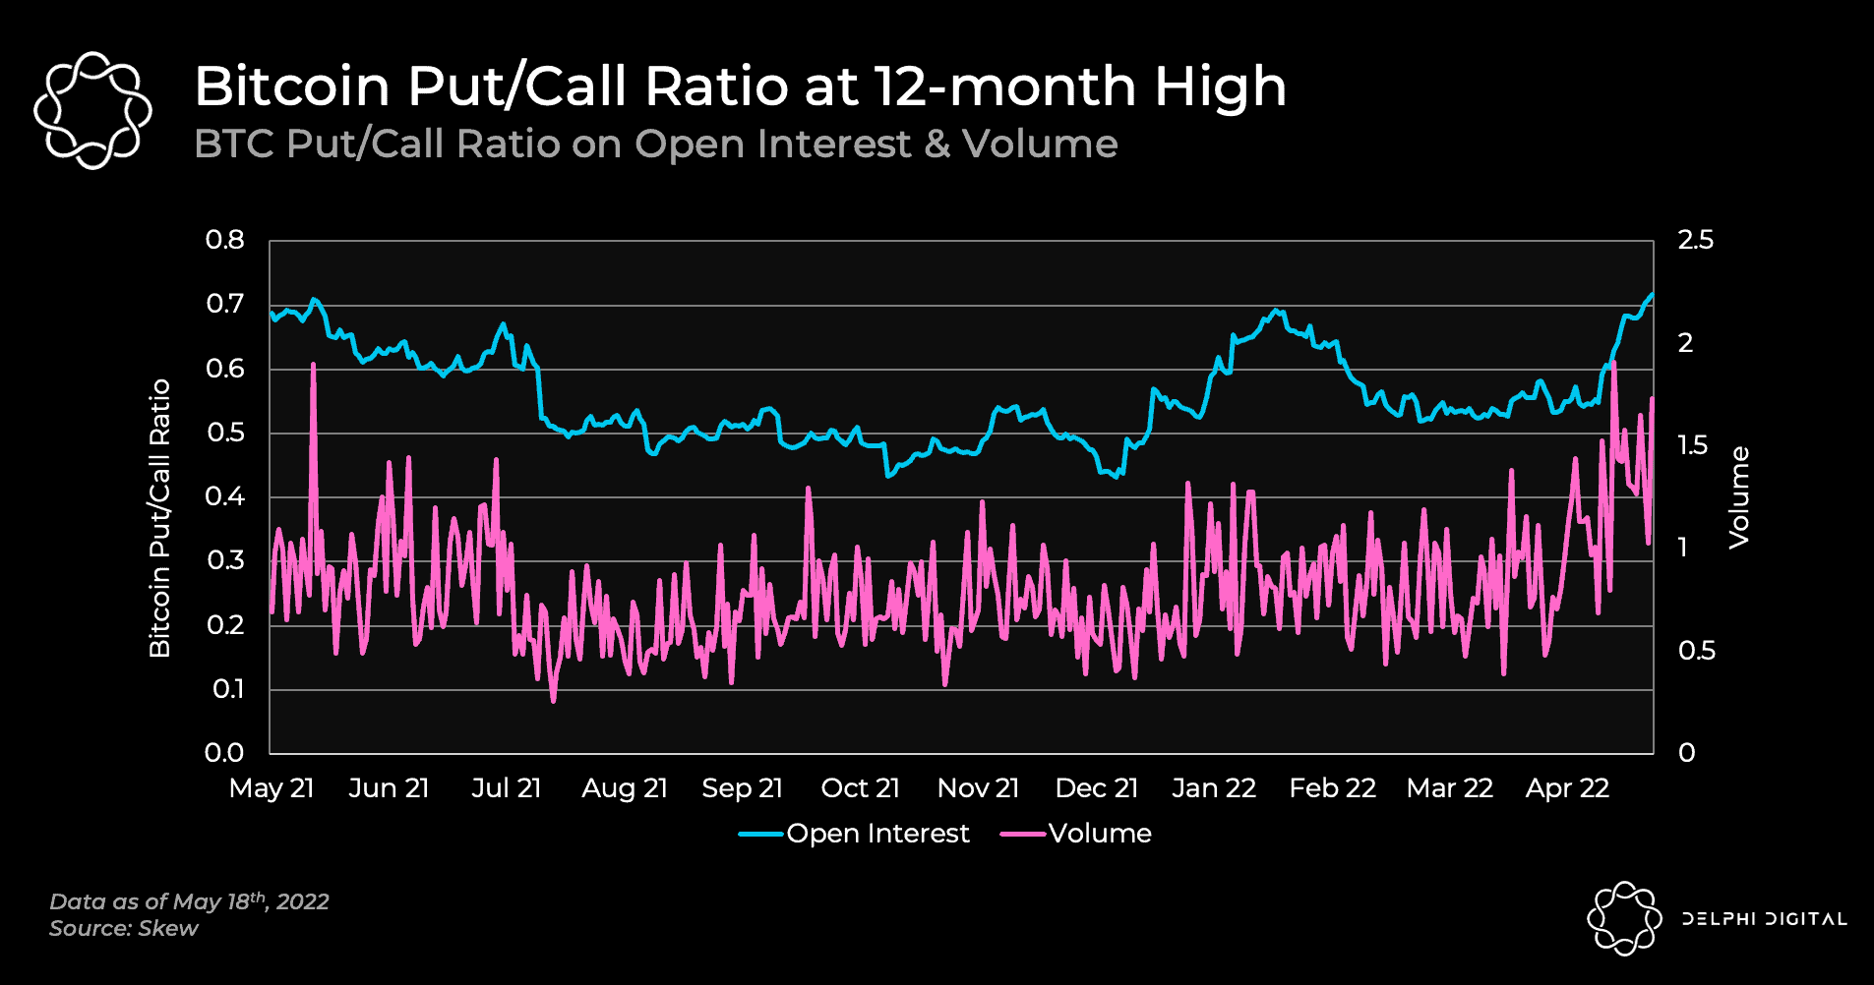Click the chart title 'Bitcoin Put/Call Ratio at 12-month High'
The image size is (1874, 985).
coord(740,87)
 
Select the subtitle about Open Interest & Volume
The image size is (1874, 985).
coord(655,145)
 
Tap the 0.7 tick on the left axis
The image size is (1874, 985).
coord(225,304)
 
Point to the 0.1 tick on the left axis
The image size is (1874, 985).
coord(227,689)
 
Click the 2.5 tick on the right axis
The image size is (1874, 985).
coord(1695,240)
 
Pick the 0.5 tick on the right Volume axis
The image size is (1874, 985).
coord(1696,651)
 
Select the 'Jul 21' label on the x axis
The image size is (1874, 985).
coord(506,788)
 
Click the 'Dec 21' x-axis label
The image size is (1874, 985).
coord(1096,788)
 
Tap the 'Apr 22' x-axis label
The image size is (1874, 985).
coord(1567,788)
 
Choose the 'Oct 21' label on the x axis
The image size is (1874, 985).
coord(860,788)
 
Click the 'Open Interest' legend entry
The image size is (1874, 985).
coord(877,834)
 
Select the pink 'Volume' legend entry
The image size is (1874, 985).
coord(1099,834)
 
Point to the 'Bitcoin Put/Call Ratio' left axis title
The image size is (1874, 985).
coord(159,518)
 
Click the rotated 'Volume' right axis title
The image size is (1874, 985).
coord(1739,497)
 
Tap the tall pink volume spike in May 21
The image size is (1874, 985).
coord(313,366)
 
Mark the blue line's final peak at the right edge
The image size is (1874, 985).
coord(1652,295)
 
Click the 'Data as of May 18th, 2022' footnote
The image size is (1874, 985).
coord(189,901)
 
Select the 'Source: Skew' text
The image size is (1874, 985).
coord(124,928)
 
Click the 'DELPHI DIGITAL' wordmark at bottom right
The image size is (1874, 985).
coord(1764,919)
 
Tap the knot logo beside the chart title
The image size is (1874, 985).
coord(92,110)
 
